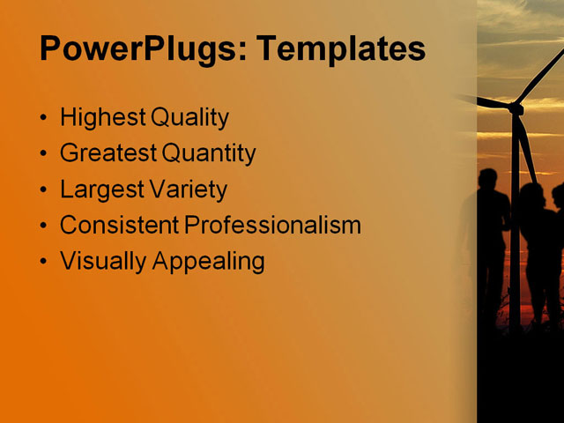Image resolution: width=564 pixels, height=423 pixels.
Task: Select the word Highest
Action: coord(101,118)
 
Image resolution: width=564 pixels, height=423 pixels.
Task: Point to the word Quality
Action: coord(189,118)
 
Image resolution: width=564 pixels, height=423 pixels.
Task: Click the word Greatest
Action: coord(108,153)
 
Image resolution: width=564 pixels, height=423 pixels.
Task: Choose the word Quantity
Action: coord(209,154)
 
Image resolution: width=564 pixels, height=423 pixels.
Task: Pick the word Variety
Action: coord(187,189)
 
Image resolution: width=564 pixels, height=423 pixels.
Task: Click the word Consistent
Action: coord(120,225)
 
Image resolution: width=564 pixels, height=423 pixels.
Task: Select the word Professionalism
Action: coord(273,226)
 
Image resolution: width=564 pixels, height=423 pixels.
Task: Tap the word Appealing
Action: coord(209,262)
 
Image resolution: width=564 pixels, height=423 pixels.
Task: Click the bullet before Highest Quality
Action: coord(45,118)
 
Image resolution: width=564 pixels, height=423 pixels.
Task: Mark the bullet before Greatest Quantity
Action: coord(45,154)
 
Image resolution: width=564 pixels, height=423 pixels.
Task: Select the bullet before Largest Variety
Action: coord(45,189)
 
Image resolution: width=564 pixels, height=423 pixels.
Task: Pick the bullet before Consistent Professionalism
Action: coord(45,226)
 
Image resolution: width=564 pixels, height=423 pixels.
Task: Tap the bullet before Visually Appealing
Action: coord(45,262)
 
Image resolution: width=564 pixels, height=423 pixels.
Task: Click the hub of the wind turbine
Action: coord(516,108)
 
